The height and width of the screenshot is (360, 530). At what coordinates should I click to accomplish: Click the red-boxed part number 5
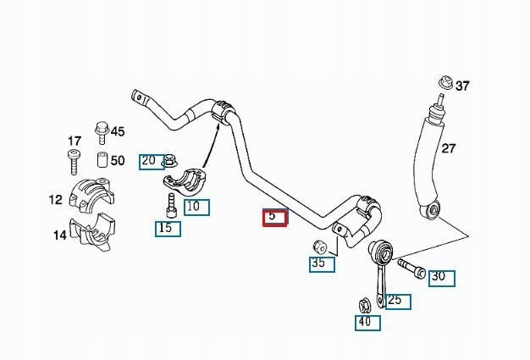(275, 218)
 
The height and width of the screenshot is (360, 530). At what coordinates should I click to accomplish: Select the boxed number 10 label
(196, 208)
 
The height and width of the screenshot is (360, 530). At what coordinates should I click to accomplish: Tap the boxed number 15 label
(168, 229)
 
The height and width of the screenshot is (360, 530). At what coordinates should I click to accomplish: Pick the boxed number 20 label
(152, 162)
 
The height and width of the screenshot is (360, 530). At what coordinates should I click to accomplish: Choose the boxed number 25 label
(399, 302)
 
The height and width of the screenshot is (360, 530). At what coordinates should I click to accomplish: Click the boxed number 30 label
(442, 278)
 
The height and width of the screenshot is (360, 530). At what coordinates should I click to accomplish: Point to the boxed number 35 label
(322, 264)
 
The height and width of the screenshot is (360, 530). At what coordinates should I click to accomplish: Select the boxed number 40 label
(367, 323)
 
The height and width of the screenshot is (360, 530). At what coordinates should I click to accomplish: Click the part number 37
(462, 86)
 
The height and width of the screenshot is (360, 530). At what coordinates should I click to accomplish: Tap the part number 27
(449, 148)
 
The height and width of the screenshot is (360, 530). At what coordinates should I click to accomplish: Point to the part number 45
(118, 131)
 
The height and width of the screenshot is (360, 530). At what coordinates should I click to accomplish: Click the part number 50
(118, 160)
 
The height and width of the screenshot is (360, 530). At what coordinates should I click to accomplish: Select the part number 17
(75, 141)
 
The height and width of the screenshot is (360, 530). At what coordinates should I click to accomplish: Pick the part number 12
(56, 199)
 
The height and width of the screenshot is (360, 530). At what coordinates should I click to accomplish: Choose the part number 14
(60, 235)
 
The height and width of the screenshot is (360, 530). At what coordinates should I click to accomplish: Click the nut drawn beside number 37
(445, 83)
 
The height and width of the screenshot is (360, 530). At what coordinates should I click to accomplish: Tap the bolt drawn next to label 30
(411, 268)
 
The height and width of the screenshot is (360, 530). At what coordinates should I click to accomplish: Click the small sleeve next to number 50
(102, 159)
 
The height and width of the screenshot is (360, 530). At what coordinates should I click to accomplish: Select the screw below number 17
(75, 162)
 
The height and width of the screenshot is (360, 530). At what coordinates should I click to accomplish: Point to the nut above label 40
(365, 305)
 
